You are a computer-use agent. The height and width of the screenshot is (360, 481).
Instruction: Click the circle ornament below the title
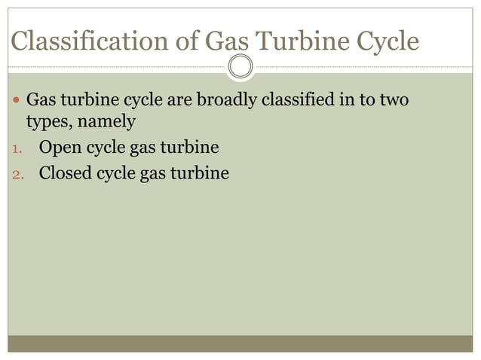[x=240, y=67]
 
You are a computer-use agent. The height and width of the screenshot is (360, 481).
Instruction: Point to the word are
[x=177, y=99]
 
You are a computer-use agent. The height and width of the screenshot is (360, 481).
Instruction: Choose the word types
[x=46, y=121]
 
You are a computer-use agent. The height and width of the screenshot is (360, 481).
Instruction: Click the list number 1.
[x=18, y=148]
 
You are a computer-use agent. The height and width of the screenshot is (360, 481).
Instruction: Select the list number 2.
[x=18, y=174]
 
